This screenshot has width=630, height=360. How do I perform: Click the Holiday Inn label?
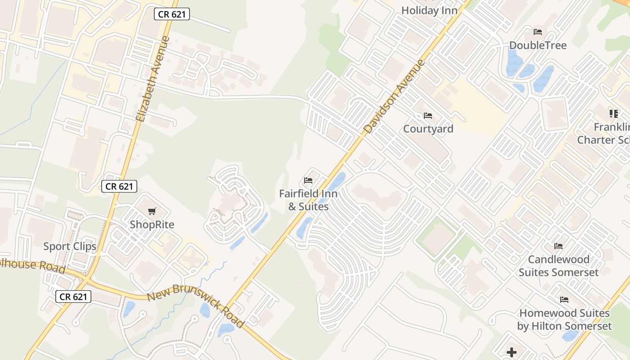tap(429, 10)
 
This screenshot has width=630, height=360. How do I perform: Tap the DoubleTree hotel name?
tap(538, 45)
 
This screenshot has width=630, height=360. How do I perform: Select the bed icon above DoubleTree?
tap(538, 32)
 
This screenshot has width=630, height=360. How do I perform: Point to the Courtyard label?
tap(428, 129)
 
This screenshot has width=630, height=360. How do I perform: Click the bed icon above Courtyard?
tap(428, 116)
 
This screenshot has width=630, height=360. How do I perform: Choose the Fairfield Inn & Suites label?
tap(308, 200)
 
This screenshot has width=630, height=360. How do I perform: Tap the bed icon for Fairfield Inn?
tap(308, 180)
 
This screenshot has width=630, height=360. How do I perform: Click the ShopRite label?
tap(152, 225)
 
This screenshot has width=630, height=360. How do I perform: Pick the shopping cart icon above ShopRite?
tap(152, 211)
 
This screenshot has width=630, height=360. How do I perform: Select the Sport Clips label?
tap(70, 246)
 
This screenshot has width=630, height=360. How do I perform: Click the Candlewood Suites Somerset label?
tap(558, 266)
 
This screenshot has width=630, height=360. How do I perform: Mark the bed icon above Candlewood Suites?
tap(558, 246)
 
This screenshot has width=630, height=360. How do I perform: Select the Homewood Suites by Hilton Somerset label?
tap(564, 319)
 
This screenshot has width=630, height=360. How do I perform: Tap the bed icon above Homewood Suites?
tap(564, 300)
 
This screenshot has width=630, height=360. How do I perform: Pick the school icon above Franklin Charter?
tap(614, 113)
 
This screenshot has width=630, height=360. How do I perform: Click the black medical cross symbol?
tap(512, 352)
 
